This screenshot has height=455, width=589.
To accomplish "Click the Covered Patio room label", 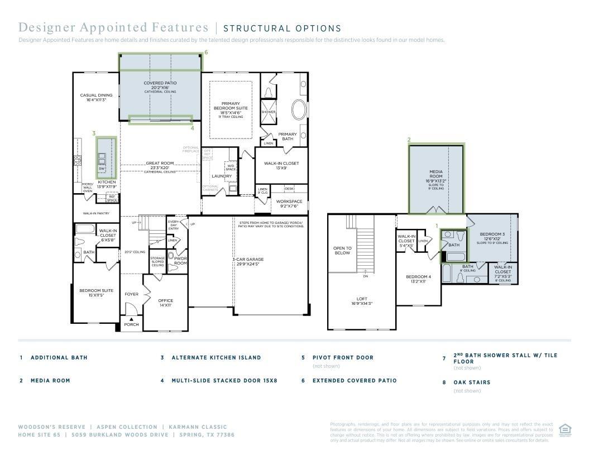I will [x=160, y=83].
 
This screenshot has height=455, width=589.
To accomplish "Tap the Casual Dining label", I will [x=92, y=95].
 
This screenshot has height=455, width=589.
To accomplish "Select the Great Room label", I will [x=160, y=164].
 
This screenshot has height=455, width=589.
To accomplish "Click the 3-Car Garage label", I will [x=248, y=260].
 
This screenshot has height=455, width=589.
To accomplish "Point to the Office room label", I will [x=165, y=301].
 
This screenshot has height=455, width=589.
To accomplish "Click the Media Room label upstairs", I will [x=436, y=173].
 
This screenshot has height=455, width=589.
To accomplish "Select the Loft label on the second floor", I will [x=362, y=299].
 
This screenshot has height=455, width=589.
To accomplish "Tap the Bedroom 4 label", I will [x=418, y=277].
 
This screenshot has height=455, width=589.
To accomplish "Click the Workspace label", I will [x=289, y=202].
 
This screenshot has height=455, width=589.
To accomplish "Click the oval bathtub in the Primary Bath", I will [x=299, y=109].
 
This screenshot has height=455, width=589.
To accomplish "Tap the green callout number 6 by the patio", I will [x=206, y=52].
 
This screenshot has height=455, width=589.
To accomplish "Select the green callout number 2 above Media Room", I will [x=409, y=140].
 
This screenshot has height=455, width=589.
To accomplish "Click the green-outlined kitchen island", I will [x=106, y=157].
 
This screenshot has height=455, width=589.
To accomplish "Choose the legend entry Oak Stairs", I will [x=472, y=382].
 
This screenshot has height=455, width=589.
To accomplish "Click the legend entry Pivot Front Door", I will [x=343, y=357].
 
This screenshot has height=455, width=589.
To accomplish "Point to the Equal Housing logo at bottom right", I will [x=563, y=429].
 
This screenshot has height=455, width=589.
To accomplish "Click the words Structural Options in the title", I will [x=282, y=28].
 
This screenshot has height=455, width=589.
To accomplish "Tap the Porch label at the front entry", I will [x=131, y=324].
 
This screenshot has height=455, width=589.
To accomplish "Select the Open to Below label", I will [x=342, y=251].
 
